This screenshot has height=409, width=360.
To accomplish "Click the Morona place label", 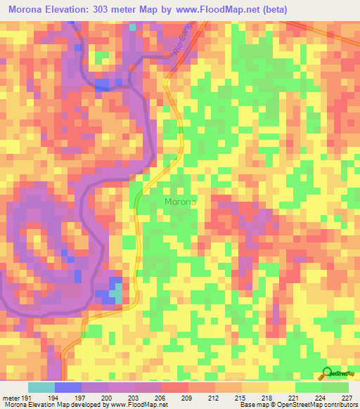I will tap(181, 202).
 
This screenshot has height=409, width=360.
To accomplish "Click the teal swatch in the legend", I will tap(41, 388).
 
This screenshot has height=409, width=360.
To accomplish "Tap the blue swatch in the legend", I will tap(68, 388).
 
